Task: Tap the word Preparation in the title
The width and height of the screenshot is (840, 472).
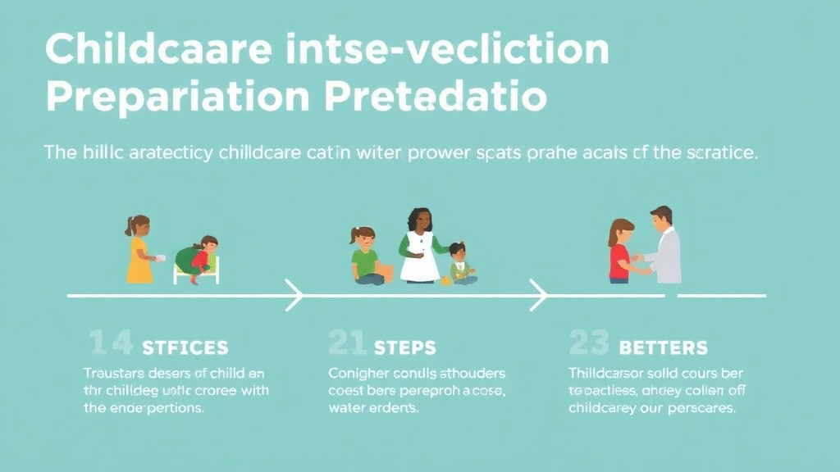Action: (x=176, y=97)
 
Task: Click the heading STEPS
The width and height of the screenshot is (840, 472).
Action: (x=405, y=347)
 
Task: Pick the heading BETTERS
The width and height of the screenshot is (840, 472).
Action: (x=664, y=347)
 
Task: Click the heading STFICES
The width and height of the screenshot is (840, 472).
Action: (x=185, y=347)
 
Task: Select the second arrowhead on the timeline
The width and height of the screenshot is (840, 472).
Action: (x=538, y=295)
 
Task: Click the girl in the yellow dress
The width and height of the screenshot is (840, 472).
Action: (x=139, y=249)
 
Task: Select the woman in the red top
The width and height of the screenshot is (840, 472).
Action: (x=620, y=250)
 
